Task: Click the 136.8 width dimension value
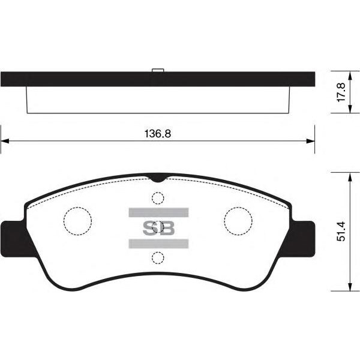click(x=157, y=134)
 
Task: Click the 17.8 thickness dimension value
click(x=341, y=92)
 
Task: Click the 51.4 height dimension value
click(x=341, y=231)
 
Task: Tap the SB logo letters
click(x=158, y=228)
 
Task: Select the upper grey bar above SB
click(x=158, y=212)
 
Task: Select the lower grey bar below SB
click(x=158, y=244)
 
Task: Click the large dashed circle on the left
click(x=77, y=208)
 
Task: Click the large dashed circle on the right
click(x=238, y=208)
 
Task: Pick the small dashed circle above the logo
click(x=158, y=192)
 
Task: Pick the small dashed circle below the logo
click(x=158, y=252)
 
